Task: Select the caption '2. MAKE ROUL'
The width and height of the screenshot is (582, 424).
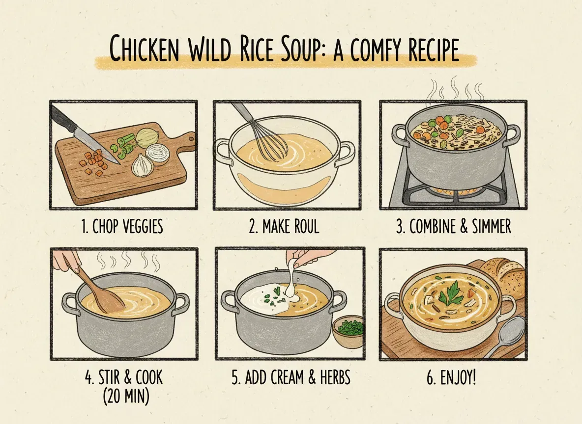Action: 284,227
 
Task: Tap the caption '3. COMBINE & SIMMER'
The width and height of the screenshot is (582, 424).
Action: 453,227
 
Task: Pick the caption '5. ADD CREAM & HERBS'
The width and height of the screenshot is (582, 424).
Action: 291,378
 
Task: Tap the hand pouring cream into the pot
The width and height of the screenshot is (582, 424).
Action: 301,257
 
